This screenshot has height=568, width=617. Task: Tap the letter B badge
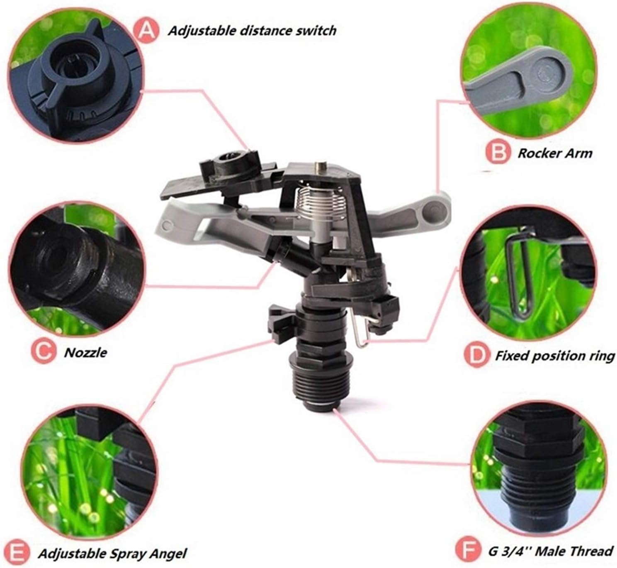[498, 153]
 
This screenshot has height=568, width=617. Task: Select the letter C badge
[43, 352]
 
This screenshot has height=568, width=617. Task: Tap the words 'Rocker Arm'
[554, 153]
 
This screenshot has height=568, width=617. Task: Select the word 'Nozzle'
[85, 353]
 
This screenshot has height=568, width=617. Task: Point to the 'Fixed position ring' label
[554, 356]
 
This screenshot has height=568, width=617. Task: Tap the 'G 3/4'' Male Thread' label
[550, 551]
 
